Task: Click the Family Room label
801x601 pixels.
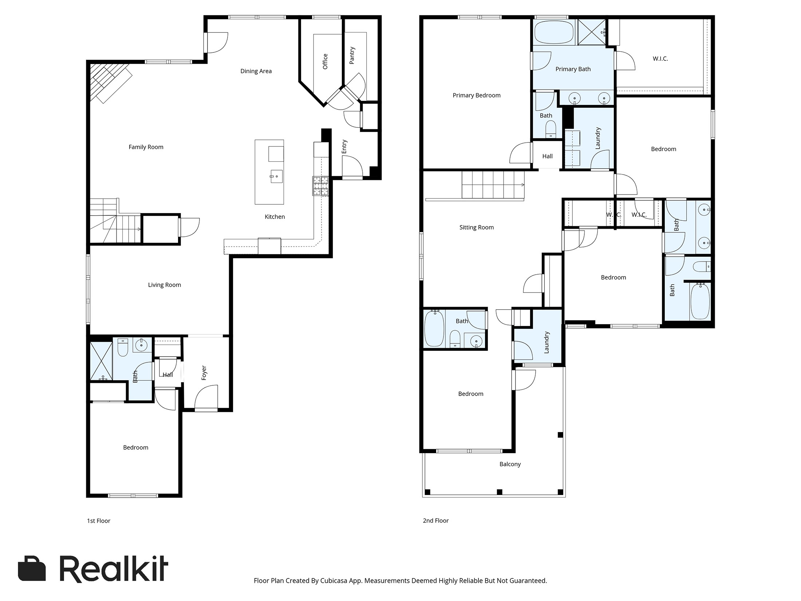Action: point(146,147)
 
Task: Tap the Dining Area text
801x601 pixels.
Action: point(256,71)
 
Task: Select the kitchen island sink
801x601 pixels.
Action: point(276,177)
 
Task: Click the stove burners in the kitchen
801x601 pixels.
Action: point(320,186)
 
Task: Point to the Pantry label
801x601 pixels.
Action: point(352,55)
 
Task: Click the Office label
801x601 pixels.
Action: point(325,61)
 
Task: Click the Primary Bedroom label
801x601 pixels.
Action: point(476,95)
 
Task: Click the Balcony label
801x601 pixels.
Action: point(510,464)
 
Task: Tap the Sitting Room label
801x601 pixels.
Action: point(476,227)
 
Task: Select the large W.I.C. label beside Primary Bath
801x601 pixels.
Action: point(660,59)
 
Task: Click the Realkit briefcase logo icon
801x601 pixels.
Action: point(32,569)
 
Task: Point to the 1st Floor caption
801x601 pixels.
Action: point(98,521)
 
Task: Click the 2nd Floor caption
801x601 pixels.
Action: point(435,521)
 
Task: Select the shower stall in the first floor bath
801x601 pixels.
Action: point(101,361)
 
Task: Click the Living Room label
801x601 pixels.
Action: point(164,285)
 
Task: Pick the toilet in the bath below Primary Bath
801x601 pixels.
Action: point(551,129)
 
